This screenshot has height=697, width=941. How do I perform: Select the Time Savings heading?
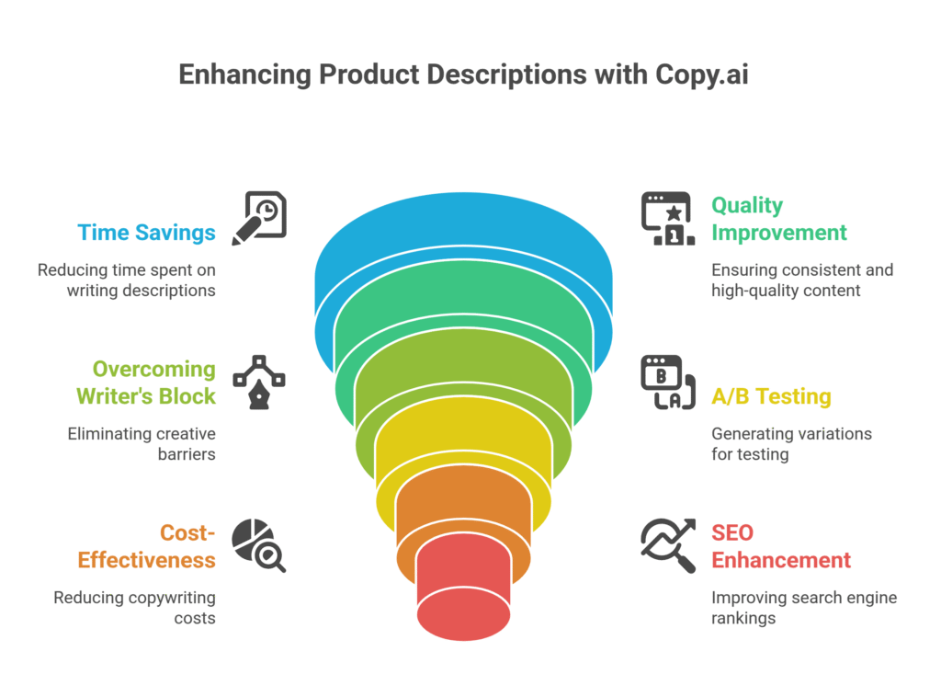[x=147, y=232]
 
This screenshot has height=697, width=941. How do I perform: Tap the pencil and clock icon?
[x=259, y=219]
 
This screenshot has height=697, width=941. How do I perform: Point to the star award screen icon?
[x=666, y=219]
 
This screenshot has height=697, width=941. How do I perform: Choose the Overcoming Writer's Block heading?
[x=153, y=383]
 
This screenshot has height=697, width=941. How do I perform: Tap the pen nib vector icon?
[x=259, y=381]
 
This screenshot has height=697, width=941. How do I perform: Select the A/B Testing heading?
[x=771, y=397]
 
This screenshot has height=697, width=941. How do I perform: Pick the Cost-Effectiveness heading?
[x=147, y=546]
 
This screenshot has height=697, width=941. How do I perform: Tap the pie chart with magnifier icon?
[x=258, y=544]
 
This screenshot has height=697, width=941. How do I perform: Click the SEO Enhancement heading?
[x=780, y=546]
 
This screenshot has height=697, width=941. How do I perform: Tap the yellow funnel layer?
[x=462, y=441]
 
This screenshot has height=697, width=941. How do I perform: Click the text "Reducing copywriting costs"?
[x=134, y=608]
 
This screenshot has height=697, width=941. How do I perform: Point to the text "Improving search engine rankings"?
[x=803, y=608]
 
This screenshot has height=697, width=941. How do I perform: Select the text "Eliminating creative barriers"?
[x=142, y=443]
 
